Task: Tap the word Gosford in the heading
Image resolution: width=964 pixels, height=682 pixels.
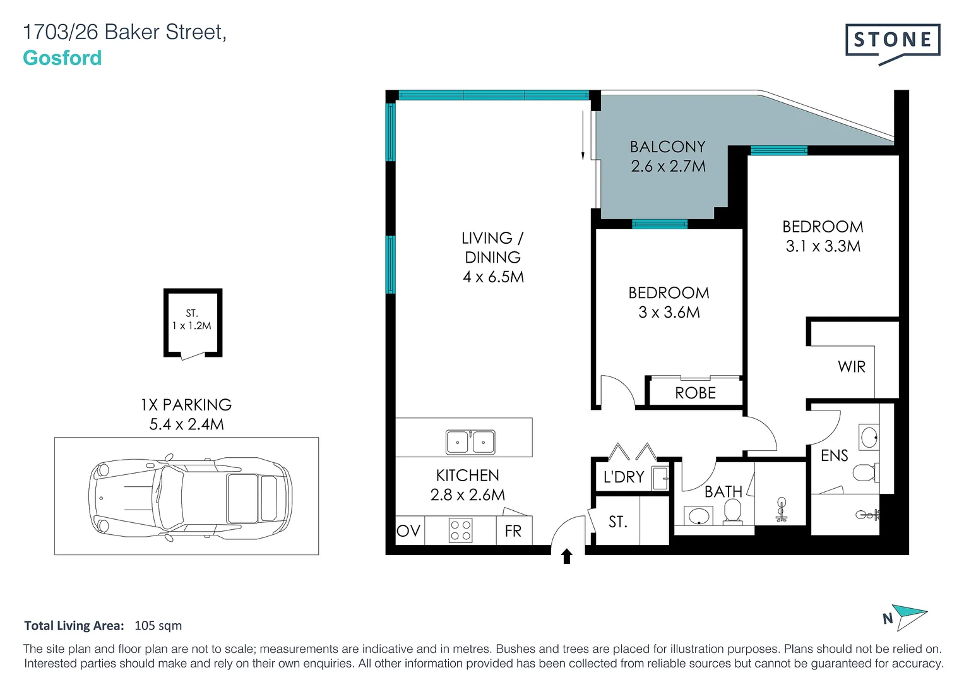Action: tap(62, 58)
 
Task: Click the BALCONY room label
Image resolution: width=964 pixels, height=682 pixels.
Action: tap(667, 147)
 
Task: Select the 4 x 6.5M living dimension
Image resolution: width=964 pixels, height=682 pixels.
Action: tap(493, 277)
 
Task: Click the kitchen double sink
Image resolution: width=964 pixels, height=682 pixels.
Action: tap(470, 442)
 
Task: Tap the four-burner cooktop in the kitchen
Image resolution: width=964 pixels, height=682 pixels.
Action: tap(460, 530)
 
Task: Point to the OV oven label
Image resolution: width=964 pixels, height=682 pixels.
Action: tap(408, 531)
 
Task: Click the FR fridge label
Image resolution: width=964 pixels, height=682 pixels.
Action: tap(513, 531)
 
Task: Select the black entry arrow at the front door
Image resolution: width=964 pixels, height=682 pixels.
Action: tap(566, 556)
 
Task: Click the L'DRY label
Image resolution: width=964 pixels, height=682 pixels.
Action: tap(624, 477)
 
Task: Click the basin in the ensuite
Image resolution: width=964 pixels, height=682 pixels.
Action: tap(869, 436)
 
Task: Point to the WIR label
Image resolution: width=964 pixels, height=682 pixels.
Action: tap(851, 367)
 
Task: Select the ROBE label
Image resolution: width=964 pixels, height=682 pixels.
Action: tap(696, 393)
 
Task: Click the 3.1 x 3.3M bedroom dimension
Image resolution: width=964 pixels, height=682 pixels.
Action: tap(823, 246)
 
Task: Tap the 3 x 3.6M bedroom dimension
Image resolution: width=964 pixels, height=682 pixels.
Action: tap(669, 312)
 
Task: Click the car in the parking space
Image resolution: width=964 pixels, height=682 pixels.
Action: tap(190, 498)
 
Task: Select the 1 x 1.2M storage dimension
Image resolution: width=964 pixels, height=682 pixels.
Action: tap(191, 326)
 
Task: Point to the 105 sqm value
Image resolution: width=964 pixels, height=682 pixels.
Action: tap(158, 626)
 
